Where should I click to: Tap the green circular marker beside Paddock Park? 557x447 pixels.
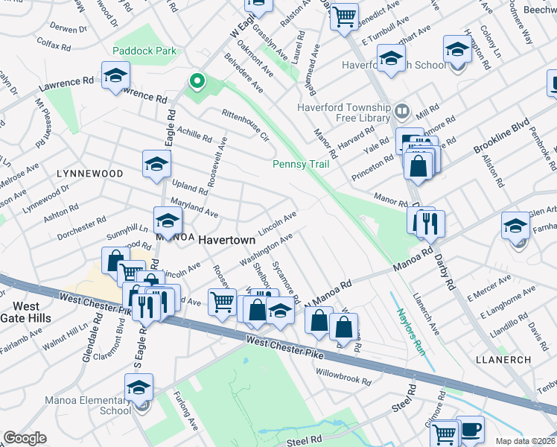pos(197,80)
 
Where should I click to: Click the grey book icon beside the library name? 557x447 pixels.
pos(403,112)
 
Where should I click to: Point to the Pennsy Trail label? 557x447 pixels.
pos(301,164)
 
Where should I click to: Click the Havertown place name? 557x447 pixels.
pos(227,241)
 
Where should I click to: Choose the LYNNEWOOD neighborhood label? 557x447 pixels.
pos(89,173)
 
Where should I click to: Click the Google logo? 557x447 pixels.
pos(25,438)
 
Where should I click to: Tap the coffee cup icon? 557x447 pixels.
pos(471,429)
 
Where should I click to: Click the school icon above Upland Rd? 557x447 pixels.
pos(156,163)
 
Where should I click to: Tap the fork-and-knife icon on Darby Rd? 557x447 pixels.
pos(431,221)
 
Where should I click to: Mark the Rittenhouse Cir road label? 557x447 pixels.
pos(245,124)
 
